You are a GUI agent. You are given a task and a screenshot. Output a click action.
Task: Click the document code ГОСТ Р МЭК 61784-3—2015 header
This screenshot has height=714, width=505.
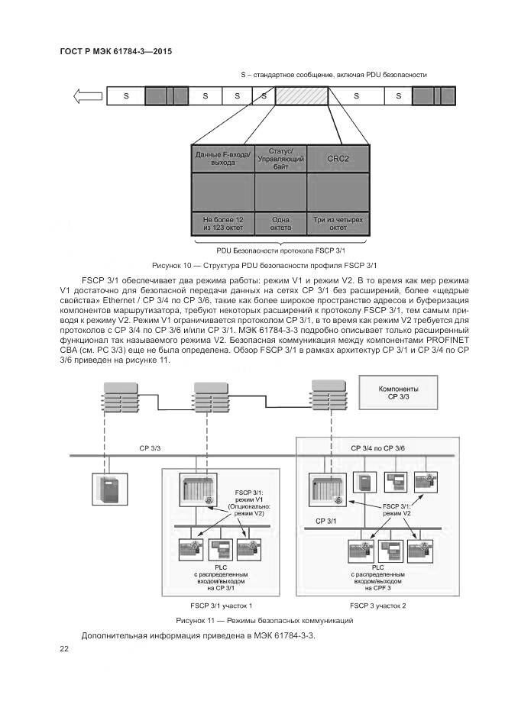point(115,52)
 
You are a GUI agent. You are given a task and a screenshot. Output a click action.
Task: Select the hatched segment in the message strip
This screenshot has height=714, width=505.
point(301,95)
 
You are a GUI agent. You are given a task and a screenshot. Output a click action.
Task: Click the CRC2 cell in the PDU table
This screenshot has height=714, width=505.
point(338,158)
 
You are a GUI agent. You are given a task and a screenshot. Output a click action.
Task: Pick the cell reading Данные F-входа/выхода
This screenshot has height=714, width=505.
point(222,158)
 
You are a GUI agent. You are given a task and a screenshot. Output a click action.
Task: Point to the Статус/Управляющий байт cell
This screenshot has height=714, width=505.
point(280,158)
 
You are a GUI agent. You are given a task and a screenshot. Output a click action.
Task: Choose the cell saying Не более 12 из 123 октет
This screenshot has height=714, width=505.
point(222,223)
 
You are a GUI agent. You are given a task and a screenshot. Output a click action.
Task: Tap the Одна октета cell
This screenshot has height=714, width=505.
point(280,223)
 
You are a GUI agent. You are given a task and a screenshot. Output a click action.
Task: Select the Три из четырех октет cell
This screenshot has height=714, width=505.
point(338,223)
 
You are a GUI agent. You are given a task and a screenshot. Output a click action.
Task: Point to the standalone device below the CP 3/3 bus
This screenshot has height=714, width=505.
point(106,488)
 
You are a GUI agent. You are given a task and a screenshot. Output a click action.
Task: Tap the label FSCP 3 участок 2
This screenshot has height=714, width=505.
point(377,605)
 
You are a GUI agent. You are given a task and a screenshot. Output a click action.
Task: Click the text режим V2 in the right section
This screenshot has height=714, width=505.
point(397,514)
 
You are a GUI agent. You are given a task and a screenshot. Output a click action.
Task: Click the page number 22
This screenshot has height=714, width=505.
point(64,648)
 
